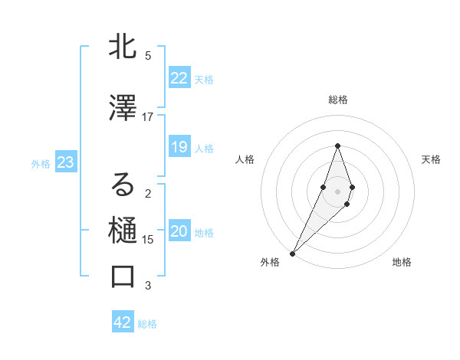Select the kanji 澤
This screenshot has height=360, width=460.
click(123, 110)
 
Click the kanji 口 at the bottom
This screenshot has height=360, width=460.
click(123, 277)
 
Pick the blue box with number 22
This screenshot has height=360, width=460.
click(179, 78)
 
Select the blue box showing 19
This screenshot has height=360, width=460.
click(179, 147)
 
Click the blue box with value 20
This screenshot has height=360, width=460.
click(179, 232)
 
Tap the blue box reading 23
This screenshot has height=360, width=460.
click(65, 162)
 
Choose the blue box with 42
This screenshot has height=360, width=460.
click(123, 322)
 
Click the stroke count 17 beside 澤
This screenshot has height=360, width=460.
click(148, 116)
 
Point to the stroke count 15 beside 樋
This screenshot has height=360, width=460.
click(148, 239)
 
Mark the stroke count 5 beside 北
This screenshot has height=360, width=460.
click(148, 56)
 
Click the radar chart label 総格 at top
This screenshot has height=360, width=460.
click(338, 100)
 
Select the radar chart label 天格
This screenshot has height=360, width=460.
click(431, 159)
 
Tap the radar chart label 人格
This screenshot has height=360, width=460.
click(245, 159)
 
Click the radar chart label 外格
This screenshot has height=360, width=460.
click(270, 262)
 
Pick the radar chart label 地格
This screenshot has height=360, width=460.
click(402, 262)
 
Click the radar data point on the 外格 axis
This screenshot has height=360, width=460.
click(293, 253)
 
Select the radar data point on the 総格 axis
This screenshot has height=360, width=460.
click(337, 146)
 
